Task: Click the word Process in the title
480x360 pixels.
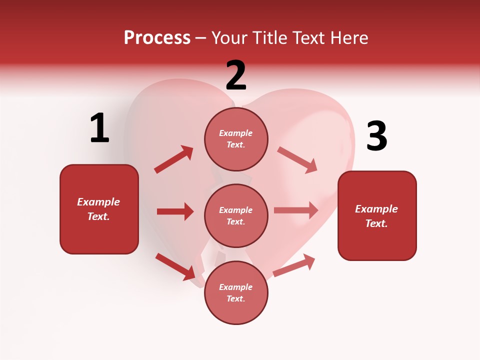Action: tap(157, 37)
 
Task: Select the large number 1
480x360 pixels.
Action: tap(99, 128)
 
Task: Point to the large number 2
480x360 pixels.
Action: tap(236, 75)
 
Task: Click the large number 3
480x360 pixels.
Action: tap(376, 136)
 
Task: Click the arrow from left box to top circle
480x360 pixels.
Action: tap(174, 159)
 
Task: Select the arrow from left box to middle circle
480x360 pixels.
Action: tap(175, 211)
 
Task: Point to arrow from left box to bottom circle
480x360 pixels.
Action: tap(175, 266)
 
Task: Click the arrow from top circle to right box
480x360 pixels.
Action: tap(297, 159)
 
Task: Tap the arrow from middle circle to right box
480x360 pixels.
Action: tap(296, 210)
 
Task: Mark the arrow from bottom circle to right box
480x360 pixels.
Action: tap(294, 265)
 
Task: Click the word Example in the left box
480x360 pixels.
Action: tap(98, 202)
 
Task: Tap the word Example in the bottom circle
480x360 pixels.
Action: tap(236, 287)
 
